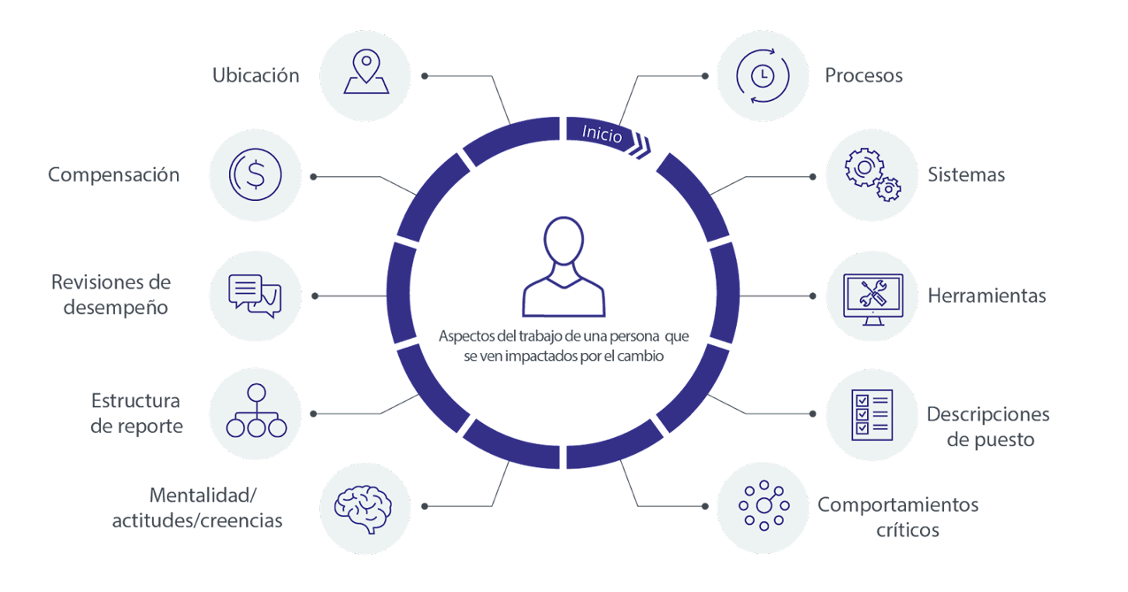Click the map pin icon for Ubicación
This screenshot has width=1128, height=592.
(365, 74)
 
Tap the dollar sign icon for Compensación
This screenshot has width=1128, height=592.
(255, 175)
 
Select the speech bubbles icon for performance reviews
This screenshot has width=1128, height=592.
(255, 296)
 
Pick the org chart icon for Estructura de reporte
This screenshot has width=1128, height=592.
(257, 412)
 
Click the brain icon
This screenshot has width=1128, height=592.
(364, 508)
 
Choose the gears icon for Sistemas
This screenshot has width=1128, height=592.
(872, 175)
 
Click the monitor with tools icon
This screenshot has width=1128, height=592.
(872, 296)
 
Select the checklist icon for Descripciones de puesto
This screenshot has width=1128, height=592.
(871, 414)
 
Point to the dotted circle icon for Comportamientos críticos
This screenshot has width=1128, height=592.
(762, 507)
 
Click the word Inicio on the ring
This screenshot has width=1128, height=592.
(602, 134)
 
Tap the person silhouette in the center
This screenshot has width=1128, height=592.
(564, 267)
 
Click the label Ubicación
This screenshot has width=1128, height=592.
(257, 75)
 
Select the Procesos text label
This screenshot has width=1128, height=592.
(863, 75)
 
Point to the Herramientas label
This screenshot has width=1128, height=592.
(986, 296)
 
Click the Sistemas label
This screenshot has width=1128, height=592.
(967, 175)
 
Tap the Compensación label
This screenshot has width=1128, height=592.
(114, 175)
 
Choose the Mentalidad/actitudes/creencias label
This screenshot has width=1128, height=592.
(197, 508)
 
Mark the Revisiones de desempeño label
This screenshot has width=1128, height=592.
(111, 296)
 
